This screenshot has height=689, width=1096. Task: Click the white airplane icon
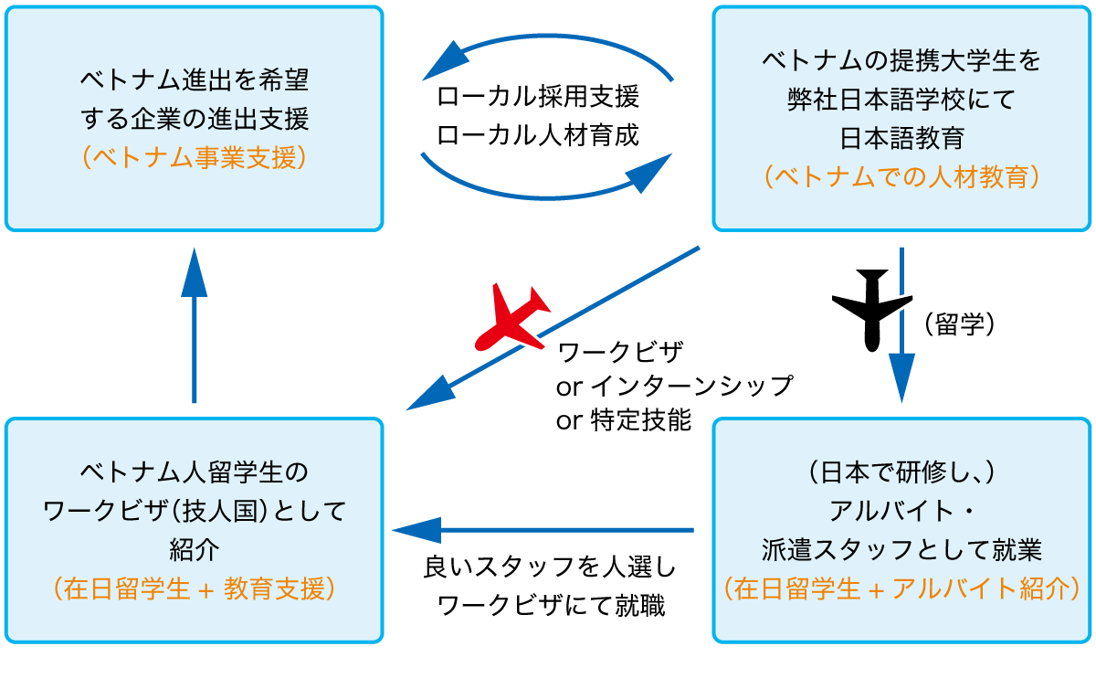[872, 306]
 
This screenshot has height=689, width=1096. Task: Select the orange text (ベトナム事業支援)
[194, 157]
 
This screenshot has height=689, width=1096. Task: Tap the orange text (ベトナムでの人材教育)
[901, 175]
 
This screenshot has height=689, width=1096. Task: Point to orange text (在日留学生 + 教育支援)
[194, 589]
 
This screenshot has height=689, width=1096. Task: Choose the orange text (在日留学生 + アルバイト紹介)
[901, 589]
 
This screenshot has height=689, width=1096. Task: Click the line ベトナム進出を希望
[194, 80]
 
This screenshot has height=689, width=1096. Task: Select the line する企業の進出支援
[194, 119]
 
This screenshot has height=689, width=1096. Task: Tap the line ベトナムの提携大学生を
[901, 62]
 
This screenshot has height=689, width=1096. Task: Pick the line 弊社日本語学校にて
[901, 100]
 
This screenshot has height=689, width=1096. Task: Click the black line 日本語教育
[901, 138]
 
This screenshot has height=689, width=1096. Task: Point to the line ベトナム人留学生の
[194, 473]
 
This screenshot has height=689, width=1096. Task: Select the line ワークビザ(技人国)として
[194, 512]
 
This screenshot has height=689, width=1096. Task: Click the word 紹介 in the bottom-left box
[194, 550]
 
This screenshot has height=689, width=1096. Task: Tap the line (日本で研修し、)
[901, 473]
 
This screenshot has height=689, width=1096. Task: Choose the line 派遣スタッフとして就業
[901, 550]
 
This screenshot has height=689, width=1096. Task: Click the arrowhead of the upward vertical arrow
[194, 270]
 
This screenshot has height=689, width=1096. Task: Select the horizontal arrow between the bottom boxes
[543, 530]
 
